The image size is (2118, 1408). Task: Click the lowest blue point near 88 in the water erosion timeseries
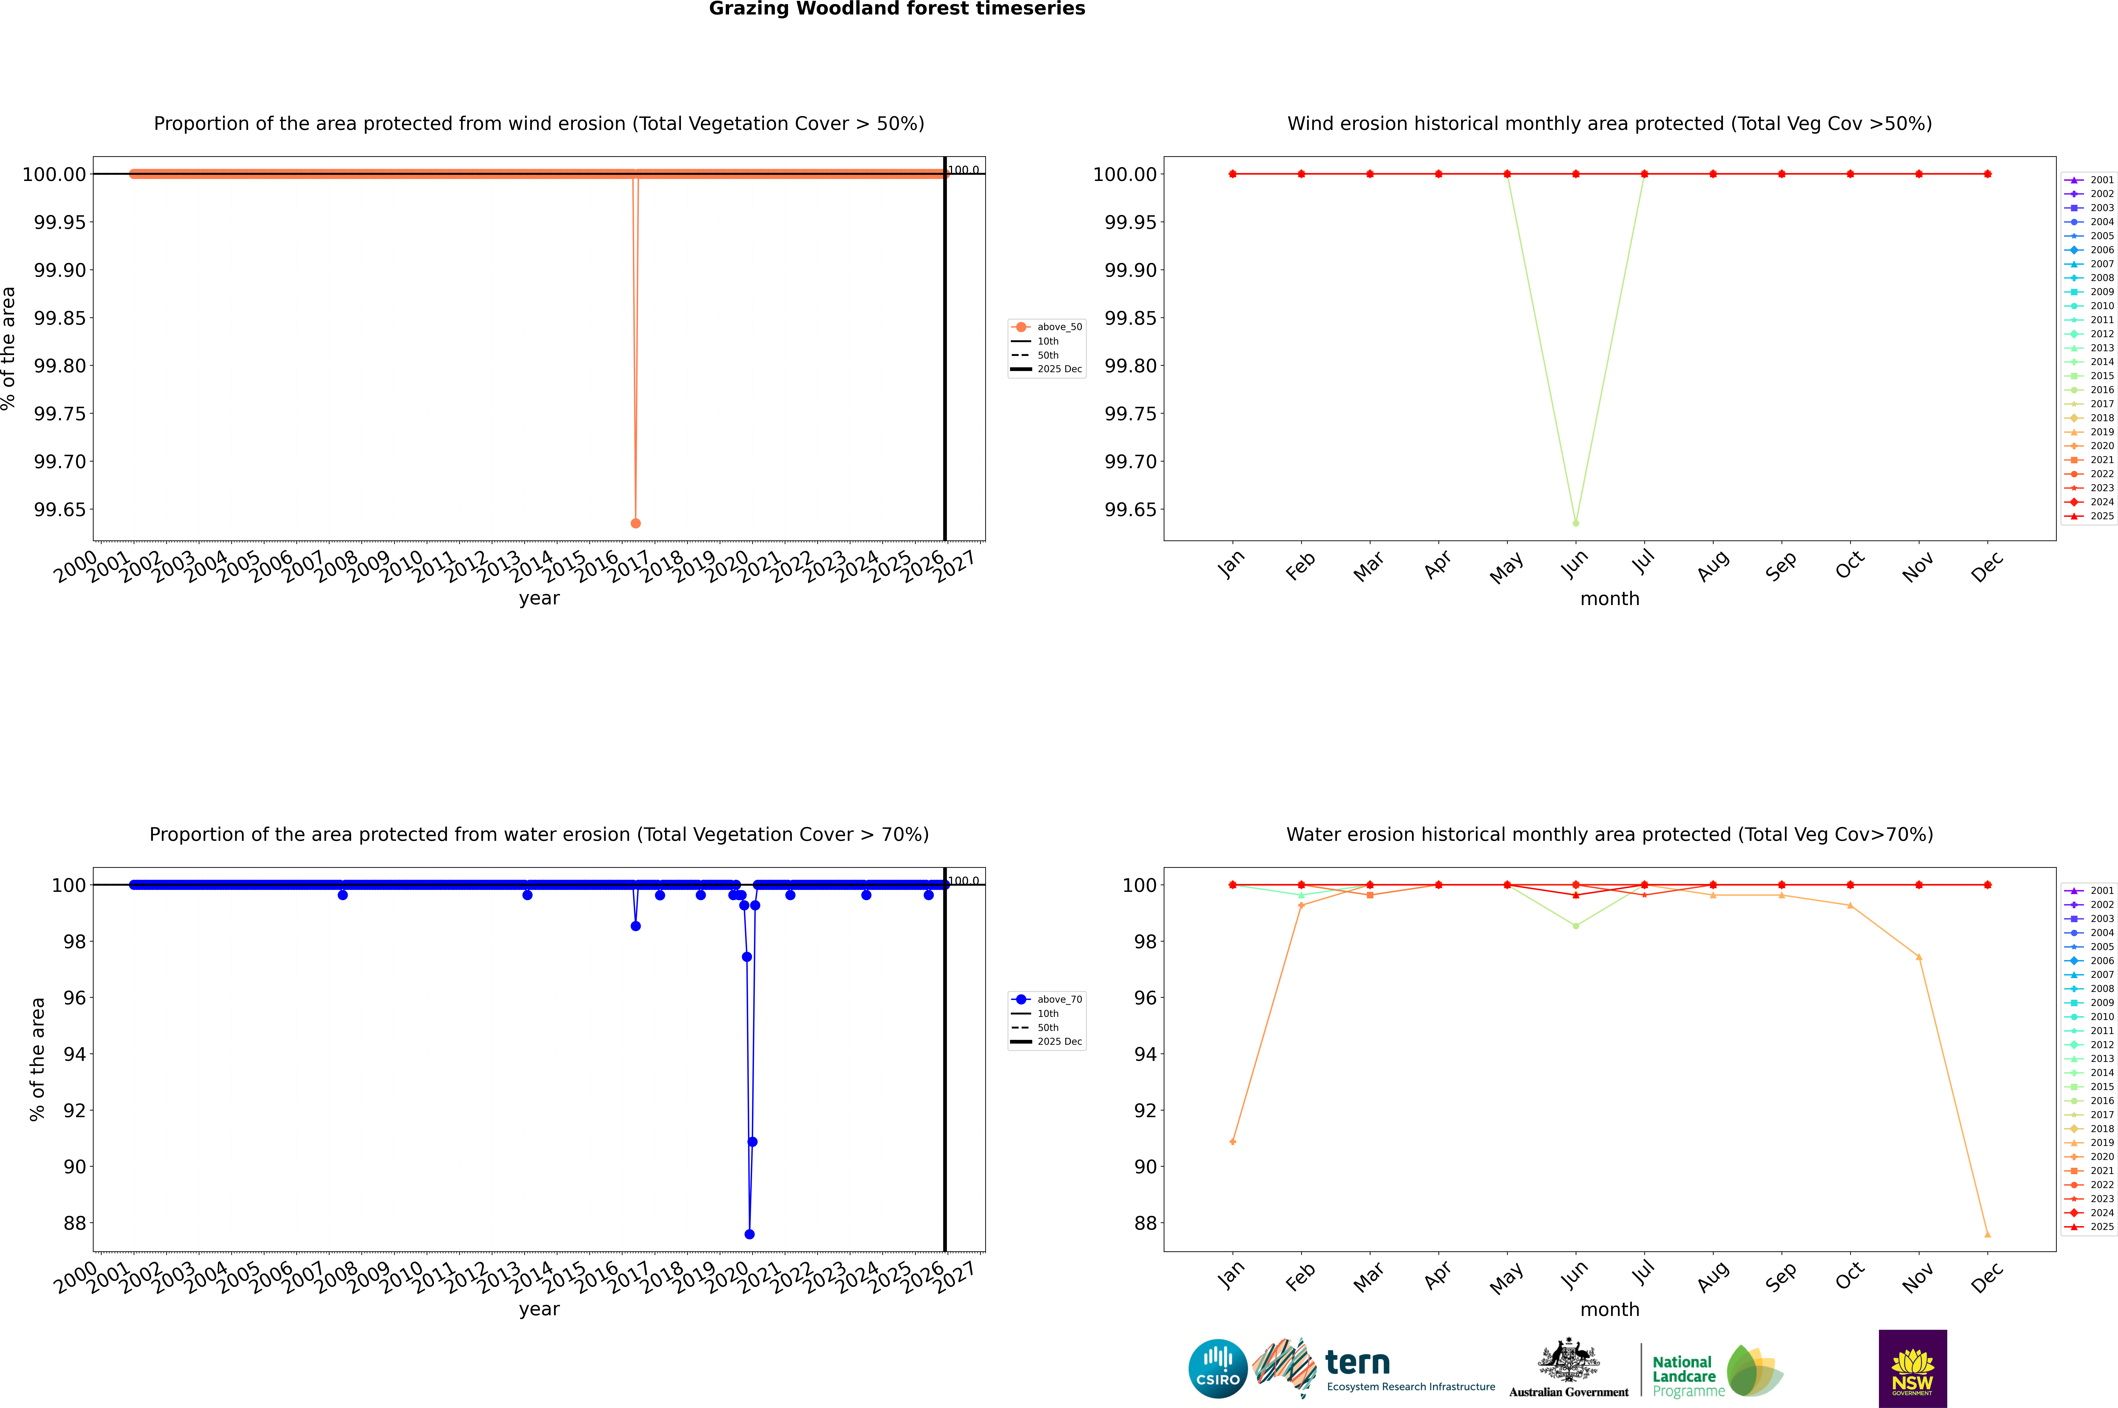[750, 1234]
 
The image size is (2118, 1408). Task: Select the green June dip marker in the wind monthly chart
[1576, 523]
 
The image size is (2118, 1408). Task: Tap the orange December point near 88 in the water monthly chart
[1987, 1234]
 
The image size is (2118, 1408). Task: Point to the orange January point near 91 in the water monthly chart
[1233, 1141]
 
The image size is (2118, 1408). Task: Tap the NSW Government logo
[1912, 1369]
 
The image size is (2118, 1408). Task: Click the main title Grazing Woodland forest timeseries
[897, 9]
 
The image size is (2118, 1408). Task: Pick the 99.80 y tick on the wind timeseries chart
[60, 365]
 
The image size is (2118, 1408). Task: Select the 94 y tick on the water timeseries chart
[74, 1054]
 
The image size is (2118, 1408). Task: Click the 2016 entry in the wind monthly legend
[2101, 390]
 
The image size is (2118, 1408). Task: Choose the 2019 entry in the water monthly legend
[2101, 1143]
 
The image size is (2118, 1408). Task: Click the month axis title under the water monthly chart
[1609, 1309]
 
